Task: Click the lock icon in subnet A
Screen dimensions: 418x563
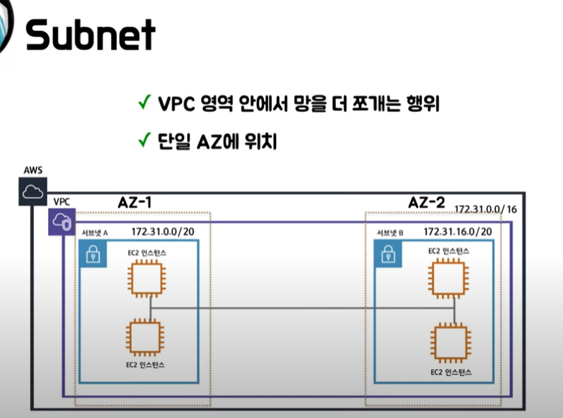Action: click(x=92, y=254)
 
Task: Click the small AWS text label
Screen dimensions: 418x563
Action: click(x=33, y=170)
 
